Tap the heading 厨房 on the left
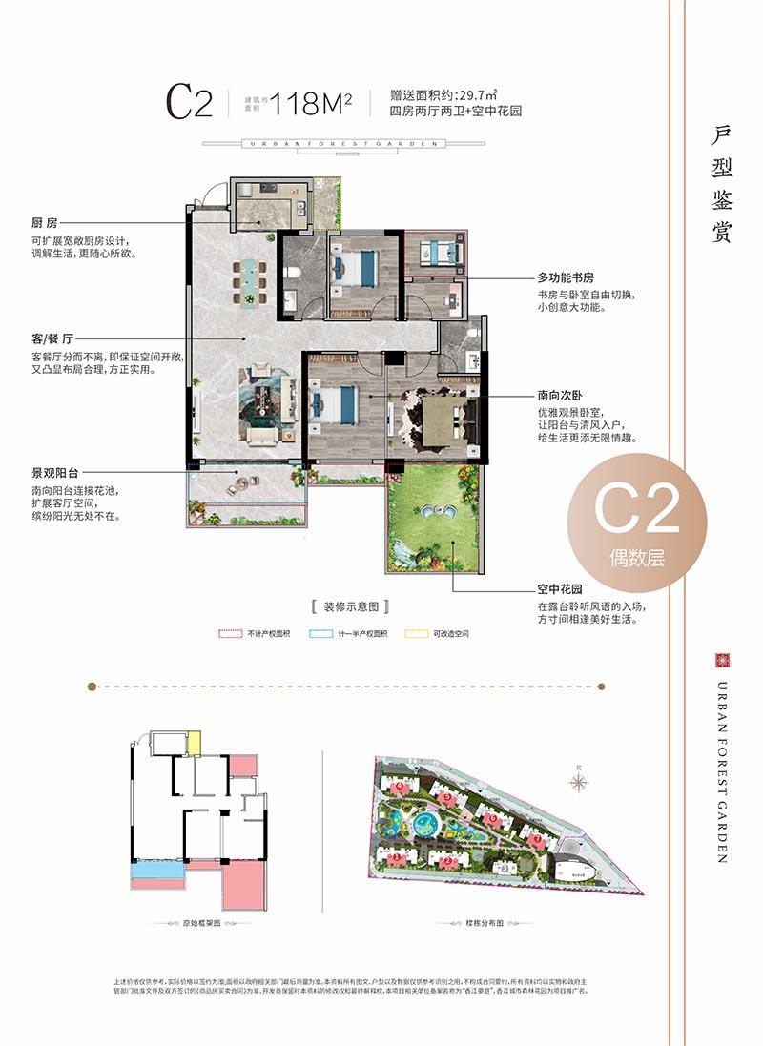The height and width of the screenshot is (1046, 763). coord(45,223)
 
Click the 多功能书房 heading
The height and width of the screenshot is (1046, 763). coord(566,278)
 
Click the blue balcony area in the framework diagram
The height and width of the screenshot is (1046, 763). coord(156,872)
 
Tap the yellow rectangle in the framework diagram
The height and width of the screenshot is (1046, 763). coord(194,741)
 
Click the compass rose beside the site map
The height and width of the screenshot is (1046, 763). coord(579,781)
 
